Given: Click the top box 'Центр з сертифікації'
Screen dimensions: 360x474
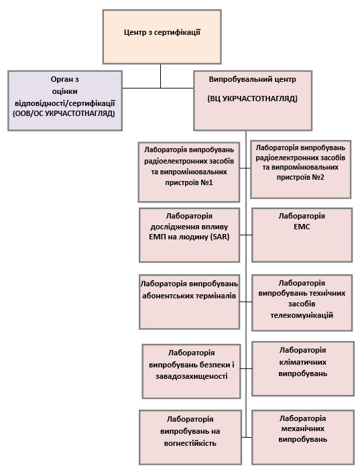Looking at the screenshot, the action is [x=162, y=37].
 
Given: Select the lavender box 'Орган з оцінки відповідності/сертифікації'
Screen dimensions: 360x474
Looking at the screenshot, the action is [x=65, y=101].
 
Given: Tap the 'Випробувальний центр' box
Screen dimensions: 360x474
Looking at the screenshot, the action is [x=253, y=101].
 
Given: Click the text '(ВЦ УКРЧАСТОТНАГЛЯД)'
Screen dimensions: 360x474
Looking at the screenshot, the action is [x=252, y=99].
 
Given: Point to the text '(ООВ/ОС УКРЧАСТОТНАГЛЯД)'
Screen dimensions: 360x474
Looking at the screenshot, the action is [x=64, y=114].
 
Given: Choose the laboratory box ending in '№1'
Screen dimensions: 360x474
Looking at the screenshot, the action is [x=189, y=172].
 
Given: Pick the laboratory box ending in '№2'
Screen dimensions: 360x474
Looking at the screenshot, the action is [x=301, y=169].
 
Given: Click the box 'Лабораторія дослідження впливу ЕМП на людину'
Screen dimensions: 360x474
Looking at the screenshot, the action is [x=189, y=235].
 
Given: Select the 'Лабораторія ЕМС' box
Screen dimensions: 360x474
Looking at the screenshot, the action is [x=302, y=235].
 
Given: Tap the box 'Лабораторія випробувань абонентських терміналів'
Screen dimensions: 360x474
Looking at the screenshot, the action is [x=189, y=302].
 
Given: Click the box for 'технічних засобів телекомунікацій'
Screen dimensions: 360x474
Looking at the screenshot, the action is [x=302, y=302].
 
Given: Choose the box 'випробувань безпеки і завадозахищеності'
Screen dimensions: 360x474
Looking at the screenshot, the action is [x=191, y=371].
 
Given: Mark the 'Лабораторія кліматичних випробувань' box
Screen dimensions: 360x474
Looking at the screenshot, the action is [x=303, y=369].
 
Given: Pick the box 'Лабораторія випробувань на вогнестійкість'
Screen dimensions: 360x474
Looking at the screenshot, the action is [x=190, y=437].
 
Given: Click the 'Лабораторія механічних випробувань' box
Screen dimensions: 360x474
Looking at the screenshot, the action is [x=303, y=437].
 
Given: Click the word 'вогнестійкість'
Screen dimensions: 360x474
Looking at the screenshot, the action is [x=190, y=443].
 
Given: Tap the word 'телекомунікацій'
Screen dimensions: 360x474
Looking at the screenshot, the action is [x=302, y=315].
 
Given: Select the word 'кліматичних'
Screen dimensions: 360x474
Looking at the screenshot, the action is [x=303, y=362].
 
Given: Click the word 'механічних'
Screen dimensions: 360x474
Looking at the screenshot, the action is [x=303, y=428].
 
